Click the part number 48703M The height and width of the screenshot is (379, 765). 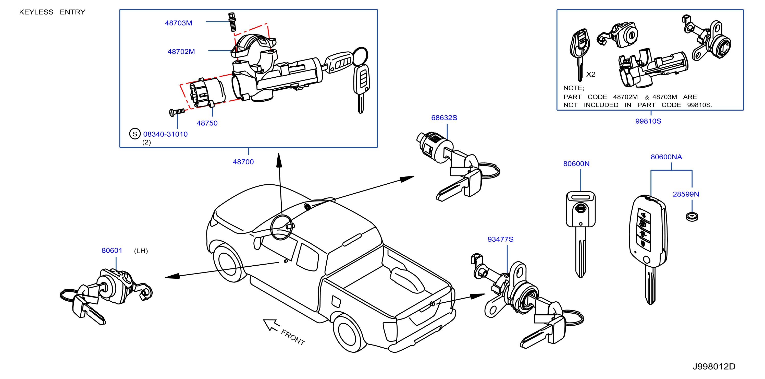(x=178, y=23)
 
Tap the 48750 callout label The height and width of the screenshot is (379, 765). (x=207, y=123)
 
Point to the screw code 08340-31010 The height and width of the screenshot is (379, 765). (x=165, y=134)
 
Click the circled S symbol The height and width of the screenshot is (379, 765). (x=135, y=134)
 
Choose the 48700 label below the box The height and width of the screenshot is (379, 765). (x=243, y=162)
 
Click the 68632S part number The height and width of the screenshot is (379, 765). (x=444, y=118)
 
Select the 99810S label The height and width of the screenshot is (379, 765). (x=648, y=121)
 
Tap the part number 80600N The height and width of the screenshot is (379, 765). (x=576, y=163)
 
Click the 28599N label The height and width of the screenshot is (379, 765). (x=686, y=194)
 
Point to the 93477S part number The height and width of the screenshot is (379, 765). (x=500, y=239)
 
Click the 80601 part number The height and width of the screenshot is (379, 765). (x=112, y=250)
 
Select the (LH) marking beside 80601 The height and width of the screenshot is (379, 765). (x=141, y=251)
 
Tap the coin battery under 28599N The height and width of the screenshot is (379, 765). (x=692, y=217)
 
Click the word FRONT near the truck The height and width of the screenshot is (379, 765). (x=293, y=337)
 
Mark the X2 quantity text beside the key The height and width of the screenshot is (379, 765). (x=591, y=74)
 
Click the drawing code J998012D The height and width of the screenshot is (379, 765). (x=714, y=366)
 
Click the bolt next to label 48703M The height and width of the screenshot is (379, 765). (x=232, y=22)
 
